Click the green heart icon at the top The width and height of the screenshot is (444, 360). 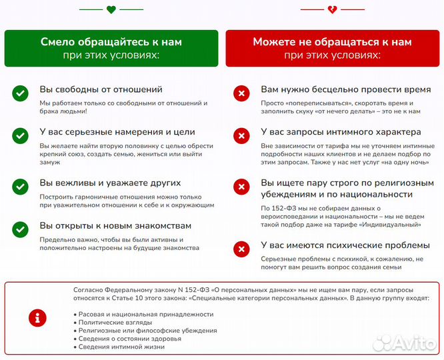point(111,9)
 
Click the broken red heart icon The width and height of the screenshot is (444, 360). point(332,9)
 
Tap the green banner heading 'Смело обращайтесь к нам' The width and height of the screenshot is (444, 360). point(111,42)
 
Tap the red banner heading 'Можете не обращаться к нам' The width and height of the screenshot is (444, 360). point(332,42)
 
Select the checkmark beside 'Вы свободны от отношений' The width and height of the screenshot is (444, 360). point(20,93)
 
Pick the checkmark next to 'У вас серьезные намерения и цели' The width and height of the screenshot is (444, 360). point(20,136)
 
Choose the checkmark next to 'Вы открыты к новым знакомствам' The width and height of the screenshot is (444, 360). point(20,230)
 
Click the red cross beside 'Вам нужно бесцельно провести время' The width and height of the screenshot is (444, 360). point(241,93)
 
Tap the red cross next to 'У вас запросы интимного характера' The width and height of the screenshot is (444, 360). point(241,136)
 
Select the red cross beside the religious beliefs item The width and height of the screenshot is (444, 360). point(241,187)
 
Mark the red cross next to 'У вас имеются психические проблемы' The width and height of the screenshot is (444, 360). point(241,249)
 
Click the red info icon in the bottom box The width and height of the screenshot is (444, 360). point(37,317)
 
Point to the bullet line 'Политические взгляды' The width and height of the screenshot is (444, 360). point(110,321)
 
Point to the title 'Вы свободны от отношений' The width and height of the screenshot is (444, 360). point(101,89)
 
